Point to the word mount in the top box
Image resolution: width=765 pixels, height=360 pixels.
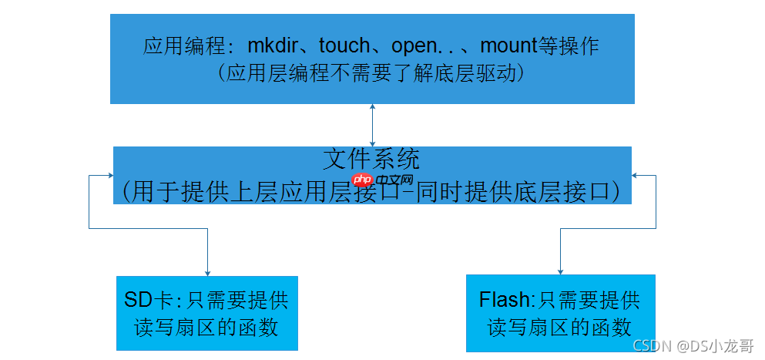(508, 46)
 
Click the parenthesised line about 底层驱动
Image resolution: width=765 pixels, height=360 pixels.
(373, 73)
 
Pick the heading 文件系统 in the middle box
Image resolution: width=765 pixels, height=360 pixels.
(372, 160)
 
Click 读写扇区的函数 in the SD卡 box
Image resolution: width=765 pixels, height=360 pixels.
(206, 327)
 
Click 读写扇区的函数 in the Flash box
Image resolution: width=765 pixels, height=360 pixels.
(560, 327)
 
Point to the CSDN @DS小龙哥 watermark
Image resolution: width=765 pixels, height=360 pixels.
(693, 347)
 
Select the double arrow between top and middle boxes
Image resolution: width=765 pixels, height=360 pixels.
(373, 125)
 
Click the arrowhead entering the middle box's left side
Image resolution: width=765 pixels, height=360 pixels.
(110, 175)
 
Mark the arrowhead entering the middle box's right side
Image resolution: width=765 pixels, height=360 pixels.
(636, 175)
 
